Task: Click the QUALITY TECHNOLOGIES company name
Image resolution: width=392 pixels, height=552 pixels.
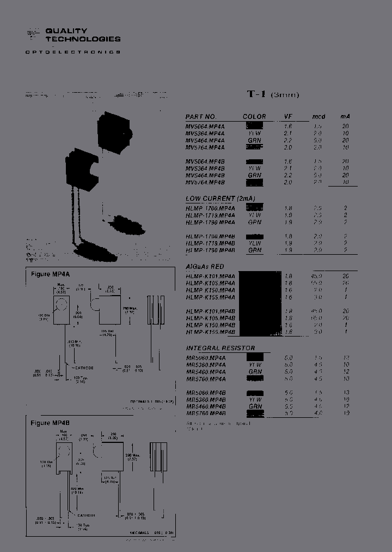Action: pos(83,35)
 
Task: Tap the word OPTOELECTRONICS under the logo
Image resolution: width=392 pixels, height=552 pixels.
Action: pos(73,52)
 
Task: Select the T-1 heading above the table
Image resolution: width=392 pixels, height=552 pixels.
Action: pos(256,94)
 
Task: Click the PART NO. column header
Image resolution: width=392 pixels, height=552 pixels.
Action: pos(201,117)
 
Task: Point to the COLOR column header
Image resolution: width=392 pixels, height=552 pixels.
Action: pos(254,117)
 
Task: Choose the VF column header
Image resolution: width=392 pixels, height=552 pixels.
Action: pos(288,117)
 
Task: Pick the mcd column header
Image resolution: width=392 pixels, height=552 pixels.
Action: pos(318,117)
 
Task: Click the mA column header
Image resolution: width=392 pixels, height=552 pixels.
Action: pos(345,117)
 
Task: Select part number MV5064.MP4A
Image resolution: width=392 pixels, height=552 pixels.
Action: pos(205,126)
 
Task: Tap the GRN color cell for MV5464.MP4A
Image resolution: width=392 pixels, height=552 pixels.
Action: pos(254,140)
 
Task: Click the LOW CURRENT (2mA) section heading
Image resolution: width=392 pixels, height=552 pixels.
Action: pos(220,198)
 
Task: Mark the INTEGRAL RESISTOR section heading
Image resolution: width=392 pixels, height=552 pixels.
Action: pos(220,348)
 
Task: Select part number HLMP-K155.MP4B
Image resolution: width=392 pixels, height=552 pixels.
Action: pos(210,332)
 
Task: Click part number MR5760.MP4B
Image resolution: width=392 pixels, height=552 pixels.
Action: pos(206,413)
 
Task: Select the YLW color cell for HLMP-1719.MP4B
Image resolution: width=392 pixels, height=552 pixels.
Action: pos(254,243)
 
